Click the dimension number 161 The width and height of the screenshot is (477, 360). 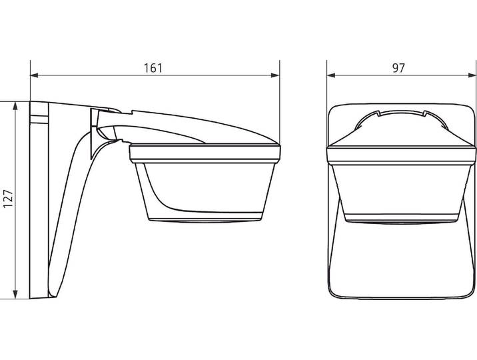point(153,68)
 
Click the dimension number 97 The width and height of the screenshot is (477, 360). point(398,68)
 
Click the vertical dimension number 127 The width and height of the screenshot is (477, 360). point(8,199)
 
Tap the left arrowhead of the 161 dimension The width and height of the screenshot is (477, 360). point(35,75)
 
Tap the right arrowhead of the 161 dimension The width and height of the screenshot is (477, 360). point(275,75)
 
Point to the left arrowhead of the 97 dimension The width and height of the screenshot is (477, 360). point(331,75)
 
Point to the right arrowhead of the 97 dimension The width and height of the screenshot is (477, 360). point(472,75)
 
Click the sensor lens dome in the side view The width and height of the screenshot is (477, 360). point(205,190)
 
